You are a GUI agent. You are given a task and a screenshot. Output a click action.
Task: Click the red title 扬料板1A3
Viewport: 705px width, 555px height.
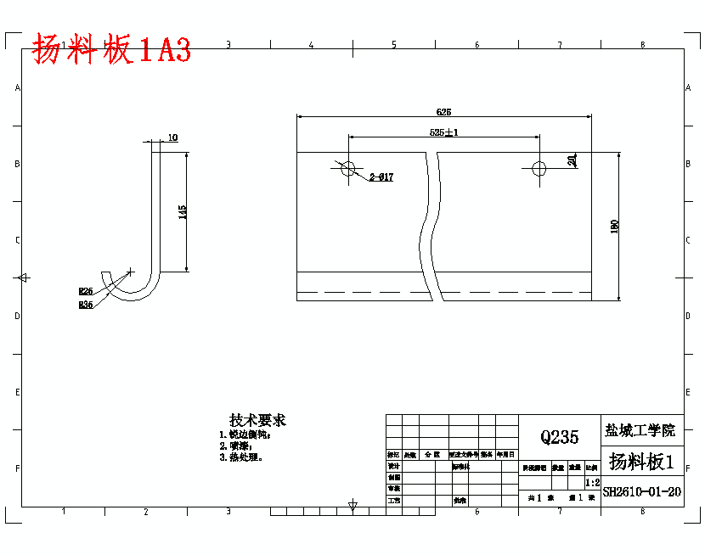pyautogui.click(x=111, y=51)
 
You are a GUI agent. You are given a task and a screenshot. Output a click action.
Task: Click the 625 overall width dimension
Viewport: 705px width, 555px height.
pyautogui.click(x=443, y=112)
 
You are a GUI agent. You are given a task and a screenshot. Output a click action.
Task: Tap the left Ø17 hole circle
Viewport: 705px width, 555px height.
pyautogui.click(x=348, y=168)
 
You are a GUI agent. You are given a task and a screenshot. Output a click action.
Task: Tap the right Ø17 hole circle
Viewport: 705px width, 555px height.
pyautogui.click(x=539, y=168)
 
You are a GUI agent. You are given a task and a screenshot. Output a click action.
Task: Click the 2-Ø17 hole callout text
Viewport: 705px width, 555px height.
pyautogui.click(x=381, y=177)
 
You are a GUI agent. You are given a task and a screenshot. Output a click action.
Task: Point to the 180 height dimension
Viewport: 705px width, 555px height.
pyautogui.click(x=614, y=226)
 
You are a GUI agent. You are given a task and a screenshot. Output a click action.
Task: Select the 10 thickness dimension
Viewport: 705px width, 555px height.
pyautogui.click(x=172, y=137)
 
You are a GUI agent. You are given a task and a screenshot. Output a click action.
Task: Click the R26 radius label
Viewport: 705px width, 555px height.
pyautogui.click(x=85, y=291)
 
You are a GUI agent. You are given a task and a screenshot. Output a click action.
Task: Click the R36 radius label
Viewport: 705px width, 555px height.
pyautogui.click(x=85, y=305)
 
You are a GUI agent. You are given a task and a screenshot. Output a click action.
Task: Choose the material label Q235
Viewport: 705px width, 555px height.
pyautogui.click(x=559, y=437)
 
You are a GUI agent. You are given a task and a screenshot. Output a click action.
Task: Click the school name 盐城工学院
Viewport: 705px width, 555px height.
pyautogui.click(x=641, y=430)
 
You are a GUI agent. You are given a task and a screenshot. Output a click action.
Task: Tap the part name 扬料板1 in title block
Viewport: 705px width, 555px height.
pyautogui.click(x=641, y=462)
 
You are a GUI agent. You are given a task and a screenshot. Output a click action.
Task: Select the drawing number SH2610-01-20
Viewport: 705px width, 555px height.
pyautogui.click(x=641, y=491)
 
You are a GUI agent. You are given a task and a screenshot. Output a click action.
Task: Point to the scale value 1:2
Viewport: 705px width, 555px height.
pyautogui.click(x=592, y=481)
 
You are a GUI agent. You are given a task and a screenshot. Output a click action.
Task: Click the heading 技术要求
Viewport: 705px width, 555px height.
pyautogui.click(x=257, y=420)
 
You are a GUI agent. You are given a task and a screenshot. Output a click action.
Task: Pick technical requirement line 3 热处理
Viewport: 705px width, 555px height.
pyautogui.click(x=241, y=457)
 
